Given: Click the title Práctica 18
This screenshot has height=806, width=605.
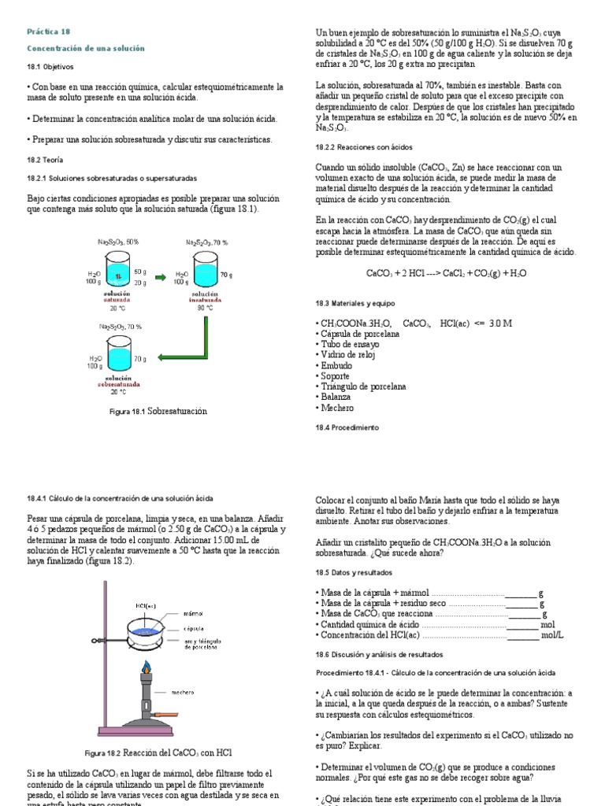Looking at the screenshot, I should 49,31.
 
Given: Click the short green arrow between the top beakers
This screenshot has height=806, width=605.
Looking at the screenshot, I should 160,276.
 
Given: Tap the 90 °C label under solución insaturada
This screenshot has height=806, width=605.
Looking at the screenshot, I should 204,308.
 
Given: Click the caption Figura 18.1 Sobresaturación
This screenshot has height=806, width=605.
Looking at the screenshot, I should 158,411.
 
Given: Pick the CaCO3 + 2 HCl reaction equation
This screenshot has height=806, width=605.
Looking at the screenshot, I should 446,273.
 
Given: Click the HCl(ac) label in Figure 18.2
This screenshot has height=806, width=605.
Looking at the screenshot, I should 145,605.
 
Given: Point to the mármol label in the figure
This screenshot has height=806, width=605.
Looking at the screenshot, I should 194,612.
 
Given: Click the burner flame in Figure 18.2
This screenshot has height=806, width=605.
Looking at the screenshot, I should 146,669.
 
